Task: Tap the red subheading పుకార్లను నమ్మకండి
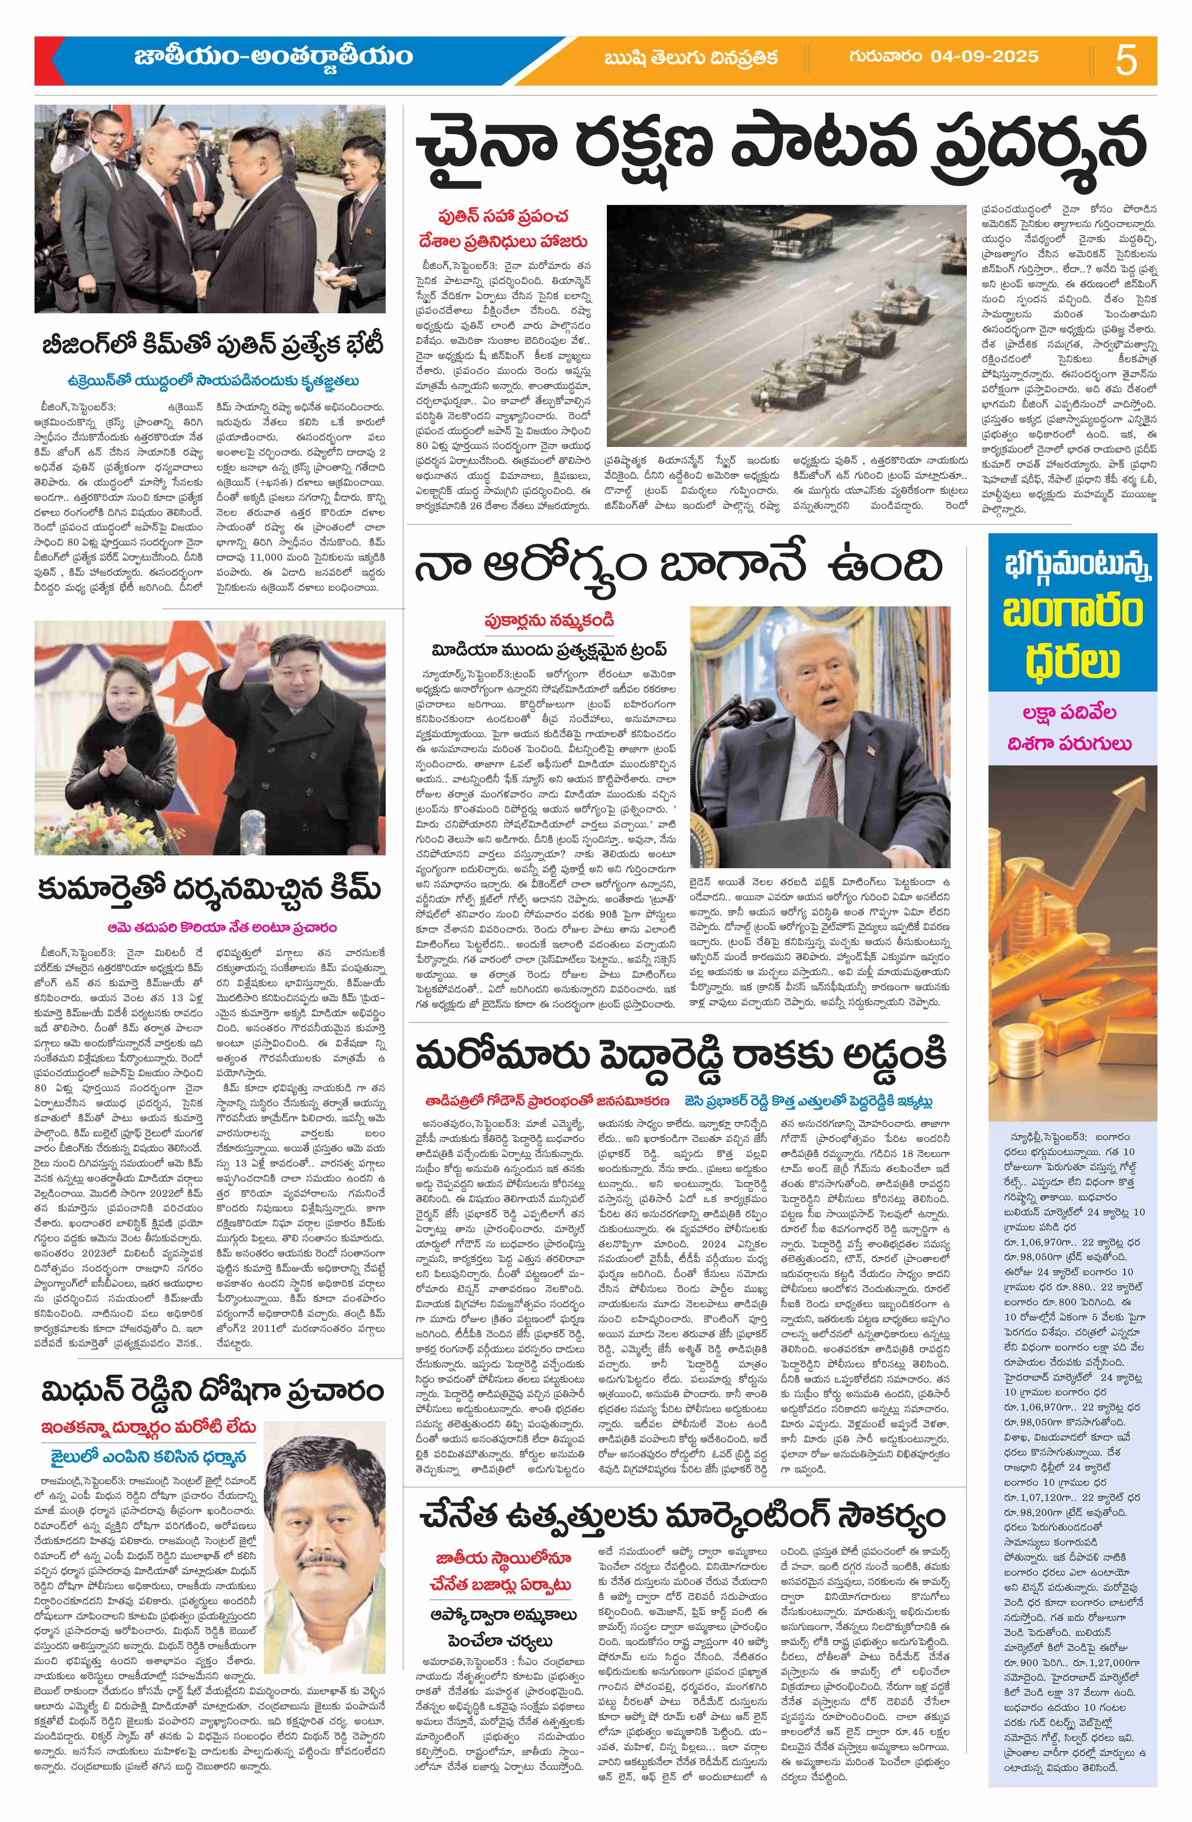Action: coord(549,620)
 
